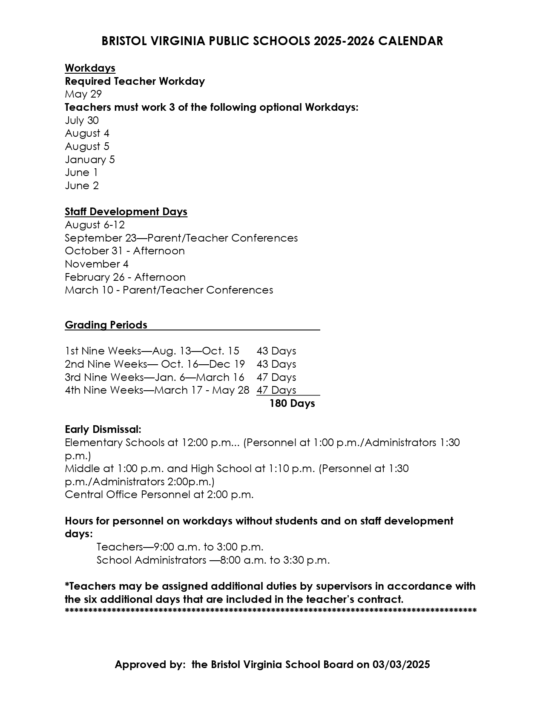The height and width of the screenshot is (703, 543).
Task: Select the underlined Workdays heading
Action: coord(90,68)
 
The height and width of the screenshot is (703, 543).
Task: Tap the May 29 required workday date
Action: coord(83,94)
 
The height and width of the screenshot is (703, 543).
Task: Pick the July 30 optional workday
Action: coord(82,121)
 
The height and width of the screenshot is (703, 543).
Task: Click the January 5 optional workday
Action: coord(90,160)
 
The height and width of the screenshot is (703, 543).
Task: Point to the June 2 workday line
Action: coord(82,186)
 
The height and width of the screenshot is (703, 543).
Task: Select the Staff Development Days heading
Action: coord(126,212)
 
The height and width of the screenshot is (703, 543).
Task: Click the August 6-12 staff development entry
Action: coord(95,225)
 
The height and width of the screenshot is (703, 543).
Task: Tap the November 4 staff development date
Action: coord(96,264)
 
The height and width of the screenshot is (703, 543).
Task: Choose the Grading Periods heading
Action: coord(106,325)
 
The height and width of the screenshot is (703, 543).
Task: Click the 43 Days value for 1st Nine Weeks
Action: coord(276,351)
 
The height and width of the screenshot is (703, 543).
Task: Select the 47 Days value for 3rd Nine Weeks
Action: coord(276,377)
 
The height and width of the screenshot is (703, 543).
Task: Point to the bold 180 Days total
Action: coord(292,403)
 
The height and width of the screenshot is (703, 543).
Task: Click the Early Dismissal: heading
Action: coord(103,429)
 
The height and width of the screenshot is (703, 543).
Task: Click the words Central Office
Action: coord(101,495)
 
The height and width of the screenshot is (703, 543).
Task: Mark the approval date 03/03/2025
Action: coord(401,665)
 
